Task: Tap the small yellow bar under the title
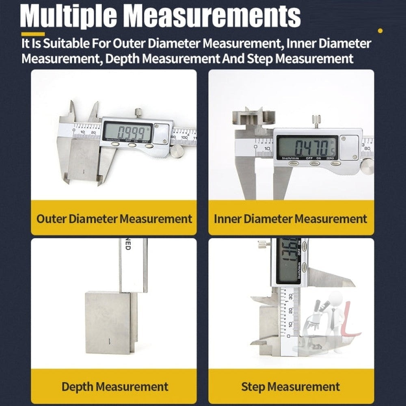pos(33,34)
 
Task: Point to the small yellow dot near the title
pos(380,30)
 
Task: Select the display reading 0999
pos(127,132)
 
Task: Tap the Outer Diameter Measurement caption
pos(114,219)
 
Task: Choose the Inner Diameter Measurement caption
pos(291,219)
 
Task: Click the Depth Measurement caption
pos(114,386)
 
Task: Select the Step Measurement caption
pos(291,386)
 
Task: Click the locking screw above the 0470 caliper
pos(316,121)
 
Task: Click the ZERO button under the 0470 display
pos(335,163)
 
